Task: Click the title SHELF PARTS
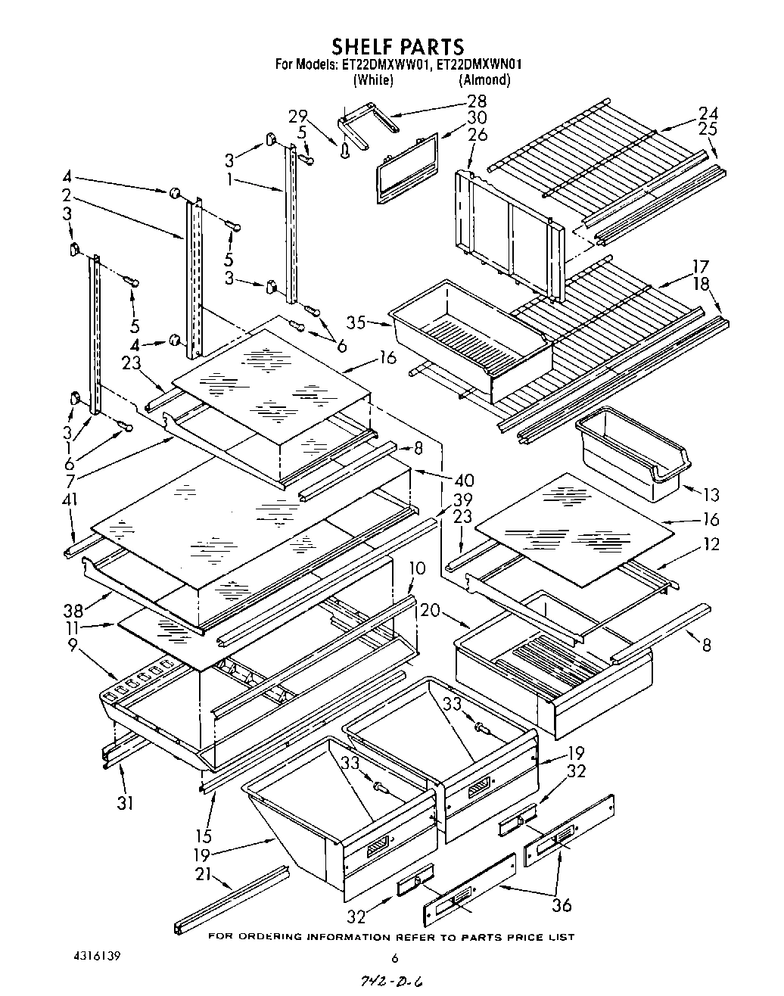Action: [397, 47]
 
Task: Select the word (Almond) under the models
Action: [484, 79]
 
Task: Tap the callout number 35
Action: [356, 322]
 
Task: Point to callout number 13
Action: [711, 495]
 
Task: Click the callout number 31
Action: [125, 802]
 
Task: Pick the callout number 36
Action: [561, 904]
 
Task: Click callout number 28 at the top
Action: [477, 101]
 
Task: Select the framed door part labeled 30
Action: [407, 167]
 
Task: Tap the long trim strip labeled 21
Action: [232, 899]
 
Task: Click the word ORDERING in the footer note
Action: [266, 937]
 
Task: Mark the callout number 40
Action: [463, 480]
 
